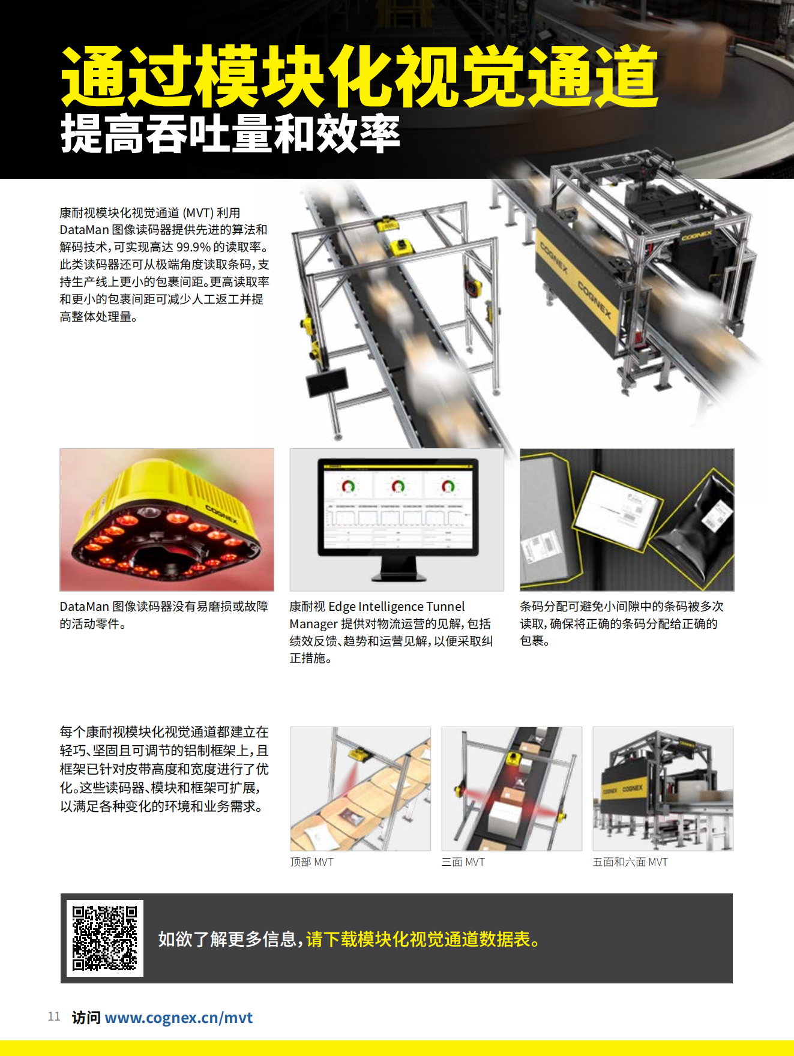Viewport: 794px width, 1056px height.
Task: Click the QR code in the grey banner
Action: tap(105, 938)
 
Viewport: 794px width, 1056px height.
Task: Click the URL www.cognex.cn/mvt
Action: tap(179, 1018)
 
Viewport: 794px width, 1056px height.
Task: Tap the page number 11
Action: tap(54, 1016)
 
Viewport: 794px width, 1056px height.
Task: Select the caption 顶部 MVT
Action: tap(311, 862)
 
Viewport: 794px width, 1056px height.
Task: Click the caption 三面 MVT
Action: tap(463, 862)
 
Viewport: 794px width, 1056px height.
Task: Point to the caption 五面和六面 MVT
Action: tap(630, 862)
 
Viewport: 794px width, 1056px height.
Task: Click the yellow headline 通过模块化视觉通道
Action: tap(360, 76)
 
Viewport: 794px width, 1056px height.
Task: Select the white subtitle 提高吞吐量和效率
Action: tap(230, 133)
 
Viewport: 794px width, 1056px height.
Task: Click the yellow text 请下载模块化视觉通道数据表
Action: tap(423, 939)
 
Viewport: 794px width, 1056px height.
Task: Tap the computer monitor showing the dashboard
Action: tap(398, 519)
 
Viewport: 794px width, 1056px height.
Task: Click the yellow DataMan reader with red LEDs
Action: tap(166, 520)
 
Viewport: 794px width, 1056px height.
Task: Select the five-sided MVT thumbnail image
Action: tap(663, 788)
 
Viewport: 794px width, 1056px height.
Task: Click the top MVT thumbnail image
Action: tap(361, 788)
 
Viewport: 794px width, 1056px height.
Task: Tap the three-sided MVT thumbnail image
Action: tap(512, 788)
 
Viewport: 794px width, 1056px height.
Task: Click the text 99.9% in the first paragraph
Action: tap(193, 247)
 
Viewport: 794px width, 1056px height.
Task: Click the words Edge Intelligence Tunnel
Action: tap(397, 607)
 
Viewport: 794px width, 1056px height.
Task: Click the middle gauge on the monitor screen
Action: tap(398, 485)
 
